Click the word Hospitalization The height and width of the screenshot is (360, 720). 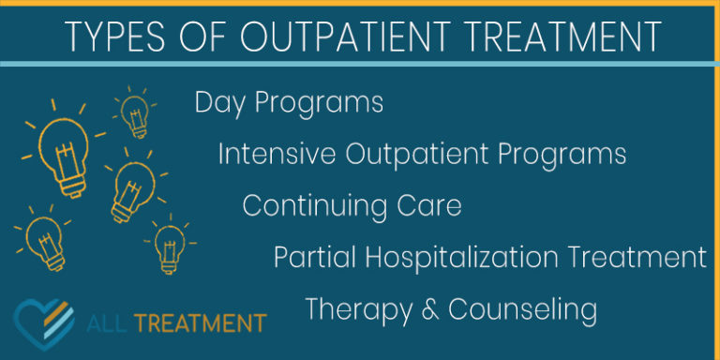pyautogui.click(x=449, y=257)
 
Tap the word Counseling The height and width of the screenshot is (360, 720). pyautogui.click(x=522, y=308)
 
